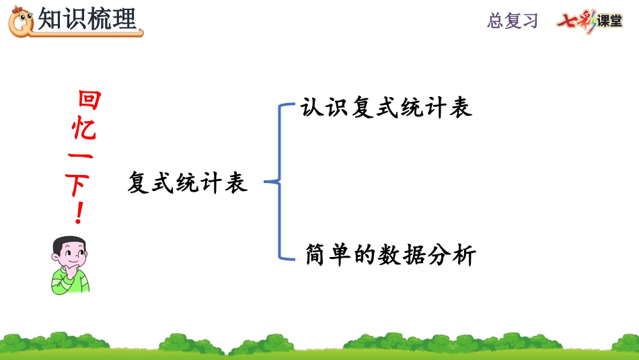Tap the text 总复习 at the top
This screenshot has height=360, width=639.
coord(513,20)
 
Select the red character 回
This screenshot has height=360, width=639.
coord(89,100)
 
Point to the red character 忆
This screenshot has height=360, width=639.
coord(85,129)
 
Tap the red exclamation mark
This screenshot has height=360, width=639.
coord(80,214)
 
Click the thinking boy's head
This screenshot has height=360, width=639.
coord(69,251)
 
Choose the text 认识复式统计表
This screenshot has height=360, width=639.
coord(387,108)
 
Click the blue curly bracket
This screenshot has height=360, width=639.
coord(279,181)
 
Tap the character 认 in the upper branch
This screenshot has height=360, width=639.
coord(311,108)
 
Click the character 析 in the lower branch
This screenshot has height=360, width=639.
coord(464,256)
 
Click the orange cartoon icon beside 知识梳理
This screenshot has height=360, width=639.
coord(21,21)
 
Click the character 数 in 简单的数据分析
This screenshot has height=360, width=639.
coord(389,256)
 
